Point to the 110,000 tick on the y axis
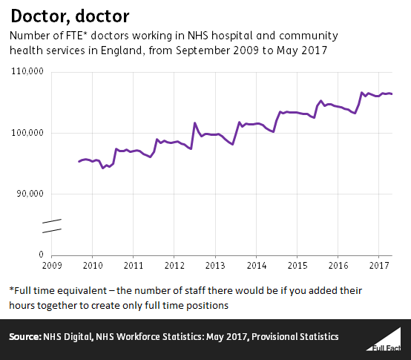tap(27, 72)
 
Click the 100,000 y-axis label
tap(27, 133)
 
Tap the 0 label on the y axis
tap(42, 255)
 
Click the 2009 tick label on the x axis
tap(51, 265)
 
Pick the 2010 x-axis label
tap(92, 265)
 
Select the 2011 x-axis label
tap(134, 265)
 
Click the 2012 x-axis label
tap(174, 265)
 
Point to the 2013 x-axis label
tap(215, 265)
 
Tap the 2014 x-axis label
tap(256, 265)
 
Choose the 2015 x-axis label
tap(297, 265)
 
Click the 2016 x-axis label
tap(338, 265)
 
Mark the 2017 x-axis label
tap(379, 265)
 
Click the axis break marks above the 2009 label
tap(50, 226)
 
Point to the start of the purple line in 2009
tap(79, 161)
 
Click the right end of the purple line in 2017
tap(392, 94)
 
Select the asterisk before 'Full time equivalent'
tap(12, 289)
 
